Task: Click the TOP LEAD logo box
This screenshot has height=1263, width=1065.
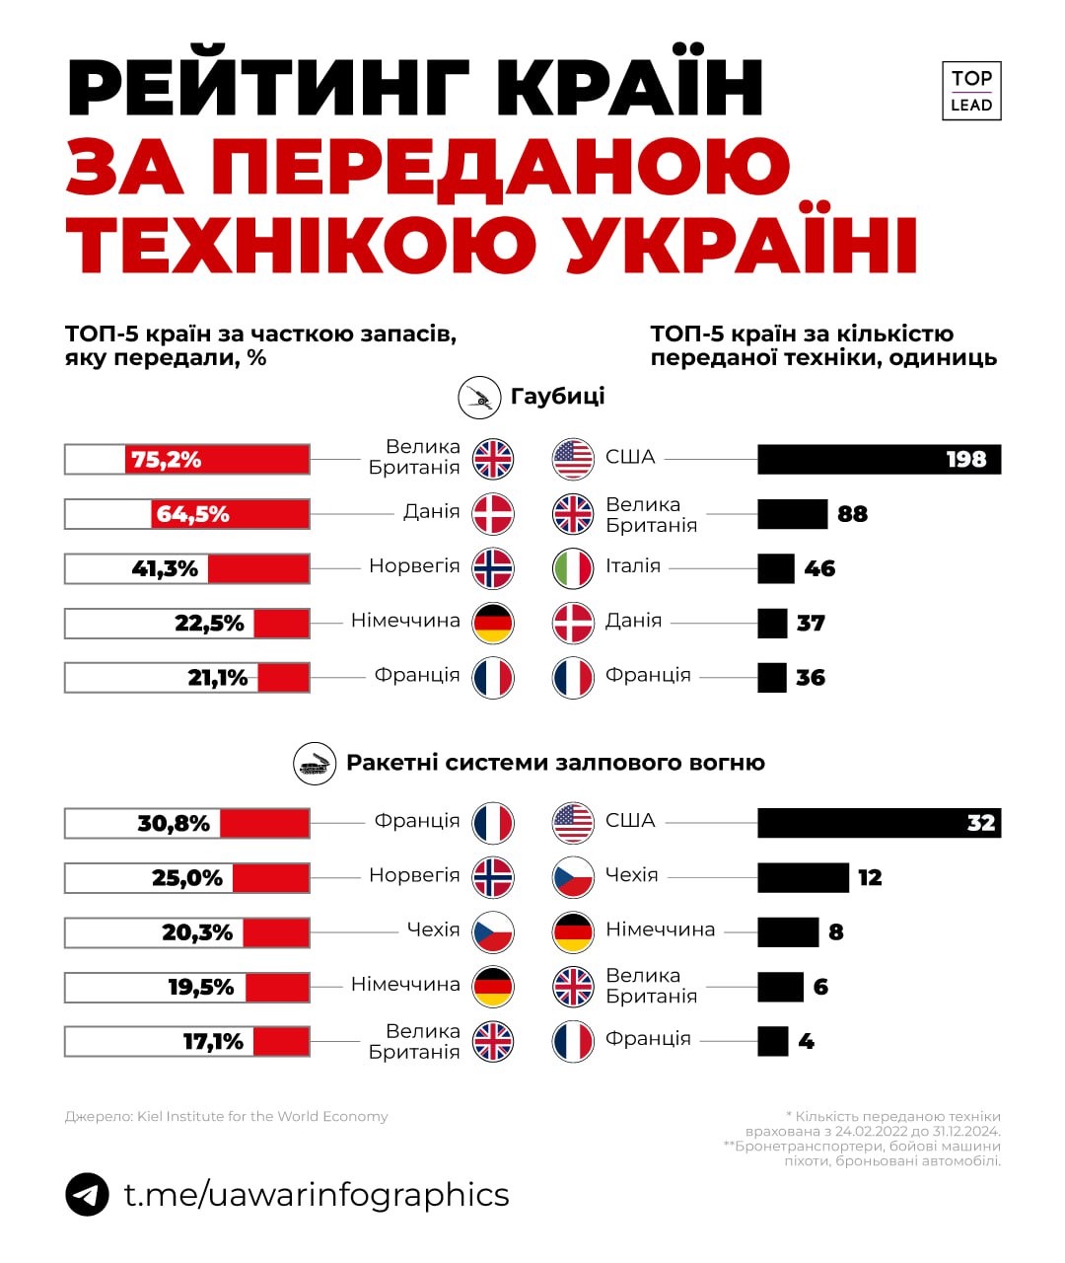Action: point(971,91)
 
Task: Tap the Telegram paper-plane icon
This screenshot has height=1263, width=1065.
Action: point(88,1195)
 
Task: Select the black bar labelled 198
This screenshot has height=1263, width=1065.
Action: point(879,459)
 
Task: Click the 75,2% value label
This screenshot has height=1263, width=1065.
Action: point(166,460)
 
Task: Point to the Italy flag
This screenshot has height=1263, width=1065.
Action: point(573,568)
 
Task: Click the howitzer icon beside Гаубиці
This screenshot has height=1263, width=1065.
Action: point(480,398)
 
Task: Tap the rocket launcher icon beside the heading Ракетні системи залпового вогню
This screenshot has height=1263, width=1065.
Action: point(315,764)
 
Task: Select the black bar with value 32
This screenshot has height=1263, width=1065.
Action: point(879,823)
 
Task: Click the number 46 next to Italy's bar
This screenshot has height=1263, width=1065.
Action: point(819,569)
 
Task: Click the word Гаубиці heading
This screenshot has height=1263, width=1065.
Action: point(557,397)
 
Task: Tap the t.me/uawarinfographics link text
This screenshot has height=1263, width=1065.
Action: point(317,1195)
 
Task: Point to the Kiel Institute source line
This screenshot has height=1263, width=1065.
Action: point(227,1117)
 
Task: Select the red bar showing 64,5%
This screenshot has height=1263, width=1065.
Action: point(231,514)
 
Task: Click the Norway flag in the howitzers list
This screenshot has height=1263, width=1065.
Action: point(493,568)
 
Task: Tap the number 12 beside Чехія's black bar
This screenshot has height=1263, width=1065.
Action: point(870,878)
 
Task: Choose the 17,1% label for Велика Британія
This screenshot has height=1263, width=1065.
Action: point(213,1042)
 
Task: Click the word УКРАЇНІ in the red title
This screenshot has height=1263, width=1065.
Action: point(742,244)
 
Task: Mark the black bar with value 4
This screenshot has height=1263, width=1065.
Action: point(773,1042)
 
